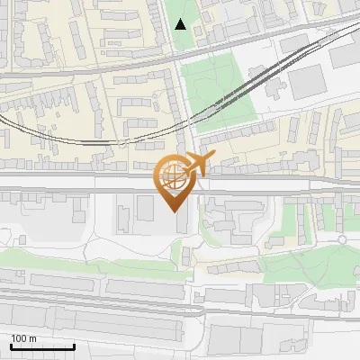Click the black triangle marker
[x=181, y=24]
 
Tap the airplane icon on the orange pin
[x=198, y=165]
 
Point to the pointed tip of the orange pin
[x=174, y=211]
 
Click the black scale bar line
[x=41, y=346]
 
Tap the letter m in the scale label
[x=32, y=338]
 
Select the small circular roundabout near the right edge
[x=342, y=238]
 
